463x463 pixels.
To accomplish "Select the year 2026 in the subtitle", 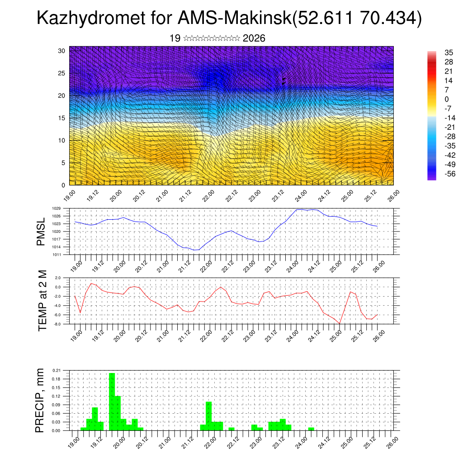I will tap(254, 38).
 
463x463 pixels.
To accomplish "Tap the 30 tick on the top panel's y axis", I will tap(62, 51).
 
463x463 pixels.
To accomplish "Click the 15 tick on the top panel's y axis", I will tap(62, 118).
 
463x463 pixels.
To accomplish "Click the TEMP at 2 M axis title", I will tap(43, 301).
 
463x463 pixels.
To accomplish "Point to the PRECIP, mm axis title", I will tap(41, 401).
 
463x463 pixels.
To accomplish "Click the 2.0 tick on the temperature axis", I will tap(58, 278).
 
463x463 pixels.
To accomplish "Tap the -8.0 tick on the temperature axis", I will tap(57, 324).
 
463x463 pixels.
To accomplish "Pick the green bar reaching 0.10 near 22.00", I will tap(208, 416).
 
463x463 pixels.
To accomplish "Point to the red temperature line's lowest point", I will tap(339, 323).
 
